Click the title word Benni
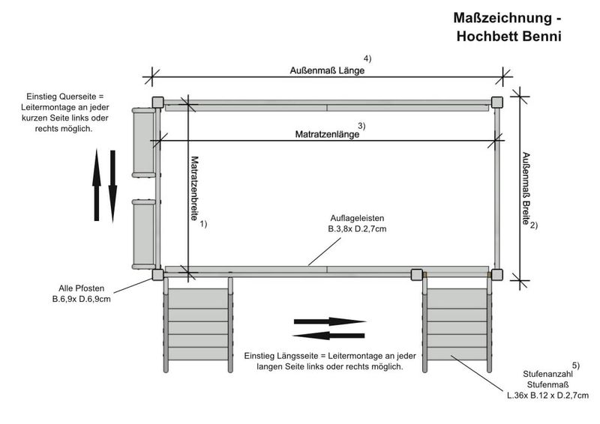(535, 35)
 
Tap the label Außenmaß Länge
(327, 71)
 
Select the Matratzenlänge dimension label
(327, 135)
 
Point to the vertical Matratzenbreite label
(194, 187)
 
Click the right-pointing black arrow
(329, 321)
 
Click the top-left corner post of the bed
(157, 102)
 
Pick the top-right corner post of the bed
(496, 102)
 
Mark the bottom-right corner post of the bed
(496, 274)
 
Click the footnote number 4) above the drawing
(367, 58)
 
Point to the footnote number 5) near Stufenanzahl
(576, 366)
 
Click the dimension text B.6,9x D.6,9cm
(76, 300)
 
